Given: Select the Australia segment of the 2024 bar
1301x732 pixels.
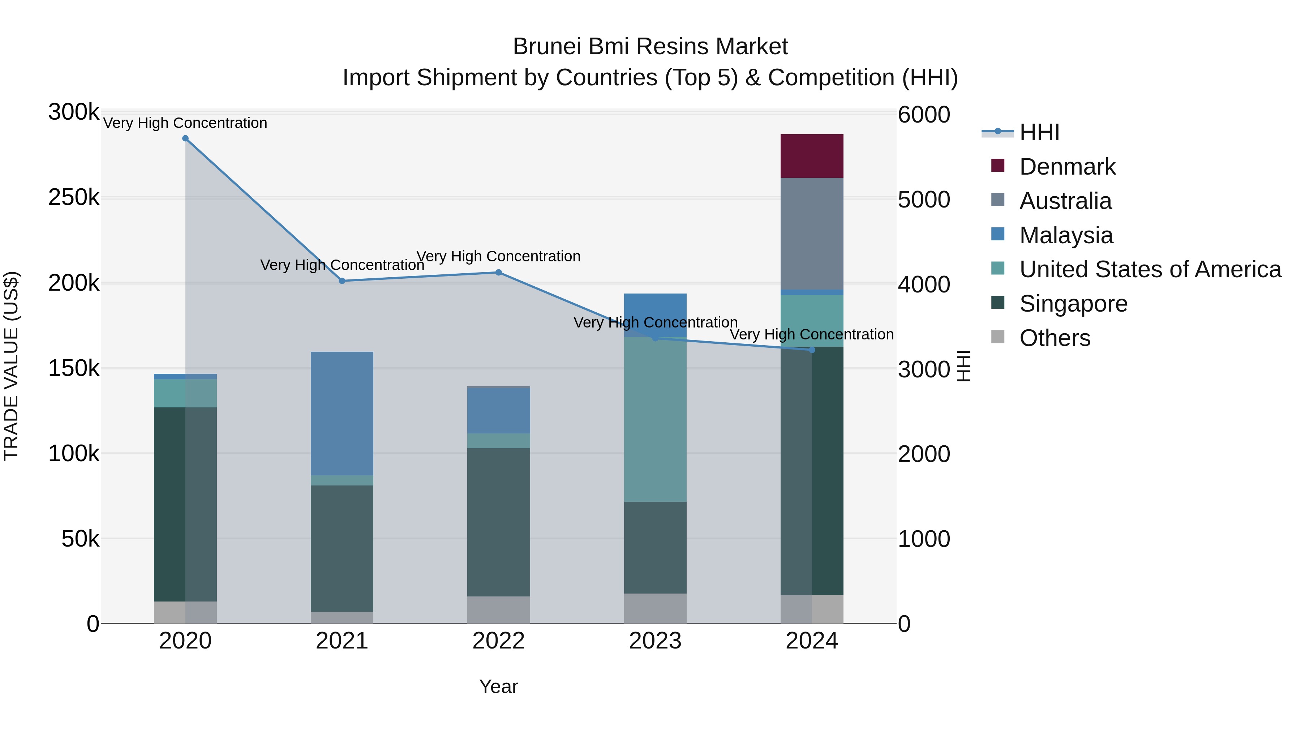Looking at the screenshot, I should [812, 234].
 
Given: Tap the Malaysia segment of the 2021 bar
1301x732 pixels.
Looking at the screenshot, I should [342, 413].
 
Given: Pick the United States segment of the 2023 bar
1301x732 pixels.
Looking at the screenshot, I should [655, 419].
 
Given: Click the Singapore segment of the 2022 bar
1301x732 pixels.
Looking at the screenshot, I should [498, 522].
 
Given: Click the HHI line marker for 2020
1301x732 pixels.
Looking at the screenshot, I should [185, 138].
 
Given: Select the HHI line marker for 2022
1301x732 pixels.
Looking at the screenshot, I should [498, 272].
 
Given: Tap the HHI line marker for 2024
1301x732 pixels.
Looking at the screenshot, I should [812, 350].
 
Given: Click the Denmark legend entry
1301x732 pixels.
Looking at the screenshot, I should [1067, 167].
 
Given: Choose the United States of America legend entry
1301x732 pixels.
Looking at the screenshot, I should [1150, 269].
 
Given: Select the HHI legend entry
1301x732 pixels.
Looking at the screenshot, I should [1039, 132].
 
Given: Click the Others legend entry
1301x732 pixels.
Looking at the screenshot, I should [1055, 338].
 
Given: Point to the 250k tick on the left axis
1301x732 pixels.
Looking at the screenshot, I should [74, 197].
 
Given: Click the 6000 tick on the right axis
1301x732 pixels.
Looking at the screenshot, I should [924, 115].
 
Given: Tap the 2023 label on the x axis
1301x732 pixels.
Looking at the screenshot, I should [655, 641].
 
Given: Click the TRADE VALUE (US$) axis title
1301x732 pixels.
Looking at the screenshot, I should [11, 366].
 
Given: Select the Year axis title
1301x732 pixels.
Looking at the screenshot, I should [498, 686].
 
